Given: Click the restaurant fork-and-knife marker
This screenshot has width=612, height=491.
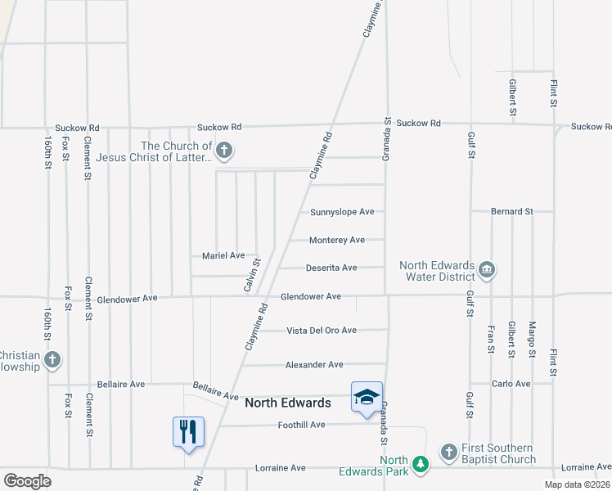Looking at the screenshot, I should coord(188,430).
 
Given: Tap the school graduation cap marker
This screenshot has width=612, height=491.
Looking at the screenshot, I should coord(367,397).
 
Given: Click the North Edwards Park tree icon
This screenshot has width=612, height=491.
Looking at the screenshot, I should coord(420,464).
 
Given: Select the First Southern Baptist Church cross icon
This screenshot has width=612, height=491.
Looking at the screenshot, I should coord(448,452).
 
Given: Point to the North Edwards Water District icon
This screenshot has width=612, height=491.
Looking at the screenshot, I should coord(487,269).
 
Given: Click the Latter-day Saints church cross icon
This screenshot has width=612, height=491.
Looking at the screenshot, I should coord(225,151).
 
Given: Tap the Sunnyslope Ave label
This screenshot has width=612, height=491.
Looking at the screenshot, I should coord(342,212).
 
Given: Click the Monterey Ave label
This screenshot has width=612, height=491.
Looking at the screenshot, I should coord(337,240).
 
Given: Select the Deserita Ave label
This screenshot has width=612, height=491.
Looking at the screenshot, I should coord(331,268).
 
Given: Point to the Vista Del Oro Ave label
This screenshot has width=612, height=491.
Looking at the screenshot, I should coord(322,331).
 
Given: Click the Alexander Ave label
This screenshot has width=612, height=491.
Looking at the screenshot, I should coord(314,364).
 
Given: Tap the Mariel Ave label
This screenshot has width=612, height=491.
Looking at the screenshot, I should coord(223,255).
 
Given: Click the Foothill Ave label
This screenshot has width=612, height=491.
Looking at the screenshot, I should coord(301,425).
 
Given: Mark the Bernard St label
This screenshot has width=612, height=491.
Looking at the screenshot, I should coord(511,211).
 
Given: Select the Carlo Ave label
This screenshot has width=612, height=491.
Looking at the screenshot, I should coord(511,383).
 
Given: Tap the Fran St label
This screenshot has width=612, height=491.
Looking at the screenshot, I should coord(491,339).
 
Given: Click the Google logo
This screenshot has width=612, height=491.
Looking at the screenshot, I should coord(28,481).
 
